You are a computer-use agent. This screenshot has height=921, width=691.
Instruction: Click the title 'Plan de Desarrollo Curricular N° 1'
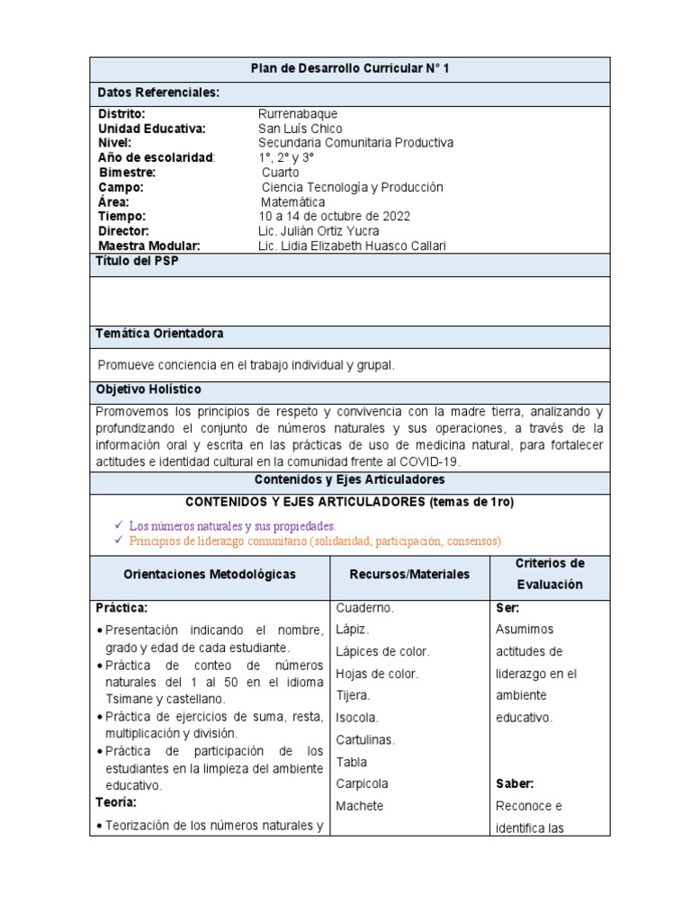349,70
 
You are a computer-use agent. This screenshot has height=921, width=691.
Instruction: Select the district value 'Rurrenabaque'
298,113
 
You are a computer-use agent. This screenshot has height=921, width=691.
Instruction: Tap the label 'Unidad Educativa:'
152,129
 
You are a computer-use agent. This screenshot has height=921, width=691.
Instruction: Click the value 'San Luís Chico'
300,129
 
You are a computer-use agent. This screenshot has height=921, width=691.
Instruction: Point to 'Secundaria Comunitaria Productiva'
355,143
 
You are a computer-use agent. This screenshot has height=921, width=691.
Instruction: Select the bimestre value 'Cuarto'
281,173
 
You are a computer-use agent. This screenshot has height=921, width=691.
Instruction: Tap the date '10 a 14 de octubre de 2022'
334,217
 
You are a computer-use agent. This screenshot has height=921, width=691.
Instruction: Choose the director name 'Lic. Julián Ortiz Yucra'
319,231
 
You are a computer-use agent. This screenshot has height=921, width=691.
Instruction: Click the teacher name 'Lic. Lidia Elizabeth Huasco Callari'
352,246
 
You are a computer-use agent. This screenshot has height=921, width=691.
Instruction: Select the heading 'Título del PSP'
137,261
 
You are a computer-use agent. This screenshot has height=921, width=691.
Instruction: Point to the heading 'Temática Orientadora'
159,334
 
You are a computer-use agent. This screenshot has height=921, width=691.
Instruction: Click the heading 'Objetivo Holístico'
148,389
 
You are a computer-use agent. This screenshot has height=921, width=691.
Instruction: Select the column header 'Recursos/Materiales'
409,574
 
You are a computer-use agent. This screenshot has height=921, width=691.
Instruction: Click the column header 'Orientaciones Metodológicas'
209,574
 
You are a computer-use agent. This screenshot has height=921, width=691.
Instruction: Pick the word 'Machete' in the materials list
359,806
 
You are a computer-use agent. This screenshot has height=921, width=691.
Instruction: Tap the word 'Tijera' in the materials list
353,695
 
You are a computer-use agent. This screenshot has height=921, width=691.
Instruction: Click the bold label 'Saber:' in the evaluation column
515,783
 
